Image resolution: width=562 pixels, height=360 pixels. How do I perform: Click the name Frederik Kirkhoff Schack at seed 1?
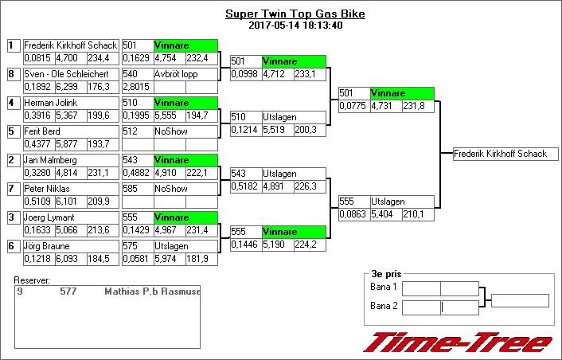[x=71, y=46]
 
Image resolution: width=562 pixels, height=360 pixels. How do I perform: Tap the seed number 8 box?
[x=12, y=75]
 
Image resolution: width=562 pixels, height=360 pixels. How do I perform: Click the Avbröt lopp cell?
[x=185, y=75]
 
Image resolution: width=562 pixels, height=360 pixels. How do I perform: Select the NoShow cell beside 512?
[x=185, y=131]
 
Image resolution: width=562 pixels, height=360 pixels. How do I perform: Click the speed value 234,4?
[x=99, y=58]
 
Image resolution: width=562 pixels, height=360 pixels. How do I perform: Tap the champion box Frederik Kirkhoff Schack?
[x=501, y=154]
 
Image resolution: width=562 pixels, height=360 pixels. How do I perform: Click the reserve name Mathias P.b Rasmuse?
[x=152, y=292]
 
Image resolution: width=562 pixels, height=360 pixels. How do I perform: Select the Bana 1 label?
[x=384, y=287]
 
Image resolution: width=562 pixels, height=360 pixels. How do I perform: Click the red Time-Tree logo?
[x=457, y=342]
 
